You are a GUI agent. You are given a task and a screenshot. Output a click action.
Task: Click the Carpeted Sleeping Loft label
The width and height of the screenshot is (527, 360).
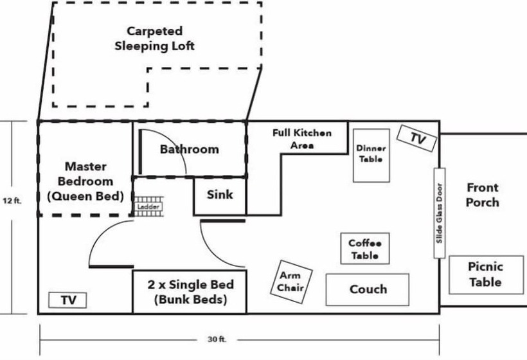tap(154, 39)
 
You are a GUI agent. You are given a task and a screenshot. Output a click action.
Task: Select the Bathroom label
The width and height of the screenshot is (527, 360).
tap(189, 149)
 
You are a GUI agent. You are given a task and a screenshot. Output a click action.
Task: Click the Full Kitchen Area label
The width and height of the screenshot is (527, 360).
tap(301, 139)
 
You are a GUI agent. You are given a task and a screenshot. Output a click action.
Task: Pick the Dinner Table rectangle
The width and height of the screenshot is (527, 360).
tap(371, 155)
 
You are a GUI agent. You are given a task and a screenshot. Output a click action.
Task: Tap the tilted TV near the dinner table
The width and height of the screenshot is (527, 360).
tap(416, 138)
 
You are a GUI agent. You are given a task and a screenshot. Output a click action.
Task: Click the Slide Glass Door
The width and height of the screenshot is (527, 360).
tap(440, 213)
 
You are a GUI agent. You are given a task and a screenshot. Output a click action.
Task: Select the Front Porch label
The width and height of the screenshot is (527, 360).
tap(482, 195)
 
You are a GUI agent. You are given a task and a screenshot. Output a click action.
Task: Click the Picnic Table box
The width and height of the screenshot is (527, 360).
tap(485, 274)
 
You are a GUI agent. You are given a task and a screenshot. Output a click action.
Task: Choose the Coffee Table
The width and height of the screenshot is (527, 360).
tap(365, 249)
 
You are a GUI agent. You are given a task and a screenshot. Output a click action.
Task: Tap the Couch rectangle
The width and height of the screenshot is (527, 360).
tap(368, 289)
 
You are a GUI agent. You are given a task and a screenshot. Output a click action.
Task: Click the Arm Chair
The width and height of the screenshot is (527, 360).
tap(291, 281)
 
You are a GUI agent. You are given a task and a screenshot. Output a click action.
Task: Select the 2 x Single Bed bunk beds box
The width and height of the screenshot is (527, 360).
tap(190, 292)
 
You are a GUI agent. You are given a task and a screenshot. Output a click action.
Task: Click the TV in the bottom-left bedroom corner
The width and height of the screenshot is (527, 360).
tap(67, 300)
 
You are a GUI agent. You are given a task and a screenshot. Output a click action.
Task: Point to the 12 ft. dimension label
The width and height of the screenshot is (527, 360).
tap(12, 201)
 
